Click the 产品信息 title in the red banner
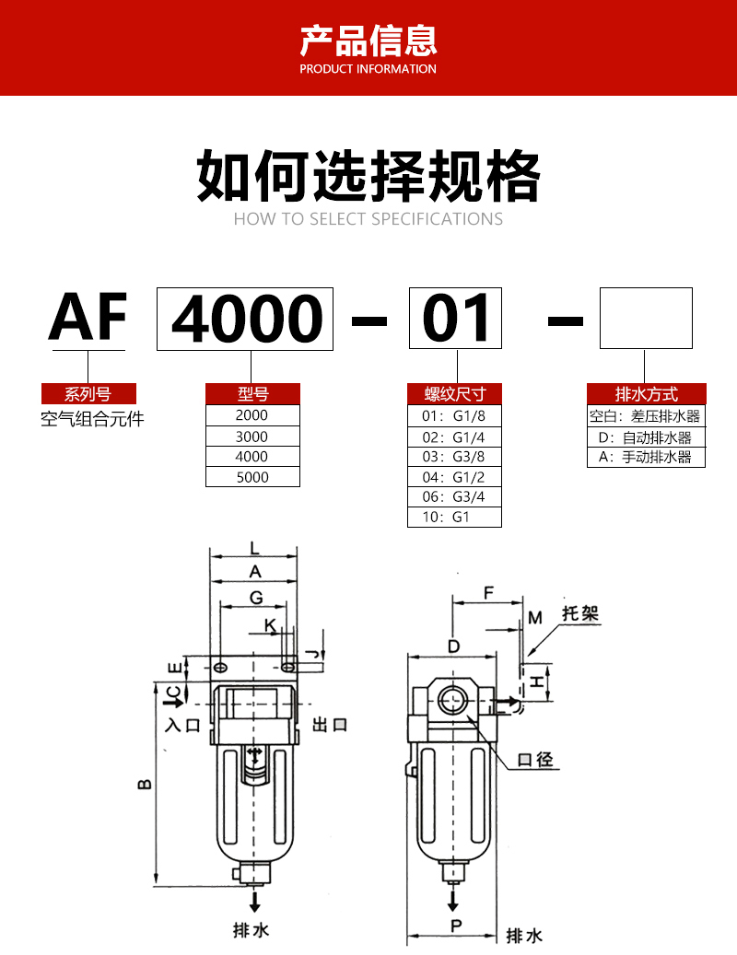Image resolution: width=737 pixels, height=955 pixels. pos(368,41)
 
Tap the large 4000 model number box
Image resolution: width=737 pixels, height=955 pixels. pos(245,320)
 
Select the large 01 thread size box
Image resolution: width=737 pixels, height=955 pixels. pos(455,320)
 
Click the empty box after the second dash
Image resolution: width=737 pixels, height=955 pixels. pos(645,318)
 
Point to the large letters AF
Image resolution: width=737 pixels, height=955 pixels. pos(88,318)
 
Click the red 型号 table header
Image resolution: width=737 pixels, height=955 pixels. pos(252,394)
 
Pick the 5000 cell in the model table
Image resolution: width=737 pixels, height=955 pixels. pos(252,477)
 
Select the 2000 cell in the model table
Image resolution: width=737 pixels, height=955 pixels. pos(252,415)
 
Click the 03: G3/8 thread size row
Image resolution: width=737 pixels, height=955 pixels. pos(454,456)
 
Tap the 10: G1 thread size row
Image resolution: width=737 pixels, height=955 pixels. pos(454,517)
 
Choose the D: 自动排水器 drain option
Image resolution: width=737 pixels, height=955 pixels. pos(646,437)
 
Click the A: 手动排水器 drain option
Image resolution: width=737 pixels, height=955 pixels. pos(646,457)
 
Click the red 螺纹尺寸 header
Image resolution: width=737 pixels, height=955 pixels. pos(454,394)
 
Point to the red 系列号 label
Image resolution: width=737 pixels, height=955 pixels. pos(88,394)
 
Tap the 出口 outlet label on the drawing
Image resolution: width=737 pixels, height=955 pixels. pos(329,725)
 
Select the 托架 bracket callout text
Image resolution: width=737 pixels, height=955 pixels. pos(579,613)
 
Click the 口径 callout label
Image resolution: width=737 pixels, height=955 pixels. pos(535,760)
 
